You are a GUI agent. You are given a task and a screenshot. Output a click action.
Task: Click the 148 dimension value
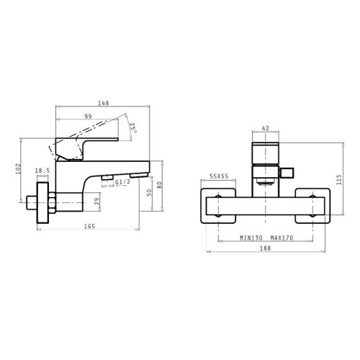coord(104,103)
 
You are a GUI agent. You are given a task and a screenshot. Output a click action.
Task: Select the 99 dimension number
coord(88,117)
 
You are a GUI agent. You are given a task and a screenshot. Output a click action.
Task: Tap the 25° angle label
coord(133,128)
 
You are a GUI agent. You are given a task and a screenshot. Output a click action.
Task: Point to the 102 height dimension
coord(18,168)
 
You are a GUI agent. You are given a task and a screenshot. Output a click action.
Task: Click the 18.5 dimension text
coord(42,171)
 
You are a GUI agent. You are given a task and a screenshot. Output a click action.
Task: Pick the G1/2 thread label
coord(122,182)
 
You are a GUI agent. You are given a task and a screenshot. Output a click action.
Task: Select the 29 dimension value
coord(96,202)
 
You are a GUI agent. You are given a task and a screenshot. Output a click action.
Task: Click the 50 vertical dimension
coord(149,192)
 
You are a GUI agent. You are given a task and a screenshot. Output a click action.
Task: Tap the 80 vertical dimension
coord(159,185)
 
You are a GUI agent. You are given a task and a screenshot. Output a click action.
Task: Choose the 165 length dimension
coord(89,226)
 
